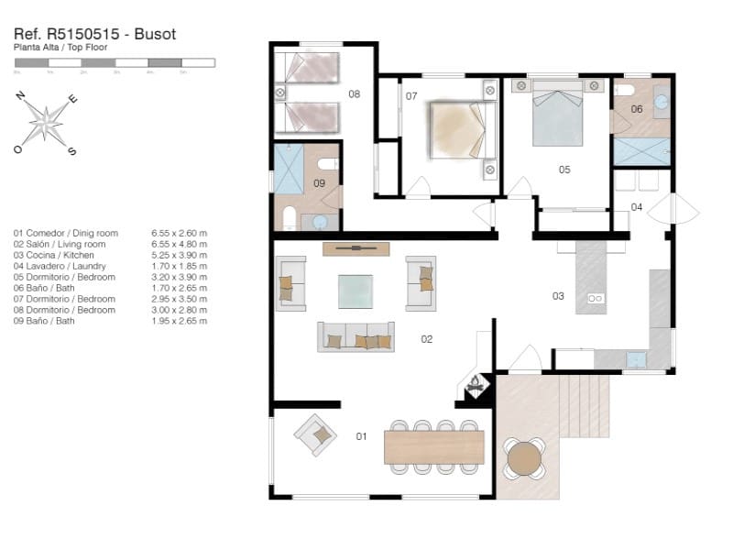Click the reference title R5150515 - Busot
point(94,34)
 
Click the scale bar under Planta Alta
point(115,63)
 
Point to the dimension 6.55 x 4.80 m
point(179,244)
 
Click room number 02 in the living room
point(426,339)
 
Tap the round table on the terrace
point(524,457)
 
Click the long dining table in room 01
point(434,447)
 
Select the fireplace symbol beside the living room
point(476,387)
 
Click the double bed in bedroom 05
point(557,113)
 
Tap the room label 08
point(354,93)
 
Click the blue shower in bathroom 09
point(289,171)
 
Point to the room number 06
point(636,108)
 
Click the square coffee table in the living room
point(356,291)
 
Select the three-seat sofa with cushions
point(356,336)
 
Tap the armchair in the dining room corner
point(315,434)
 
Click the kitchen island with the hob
point(591,279)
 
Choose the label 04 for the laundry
point(636,206)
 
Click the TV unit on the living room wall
point(356,248)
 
